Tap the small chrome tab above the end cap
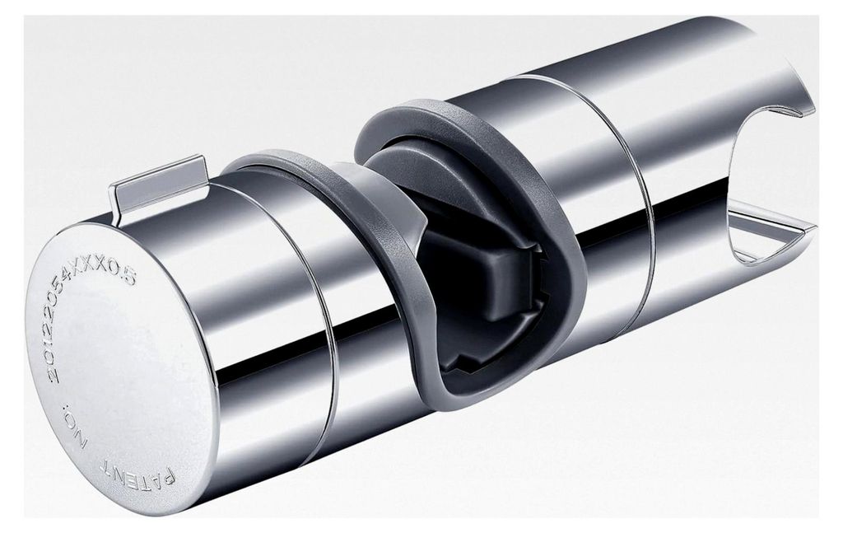click(x=159, y=183)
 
